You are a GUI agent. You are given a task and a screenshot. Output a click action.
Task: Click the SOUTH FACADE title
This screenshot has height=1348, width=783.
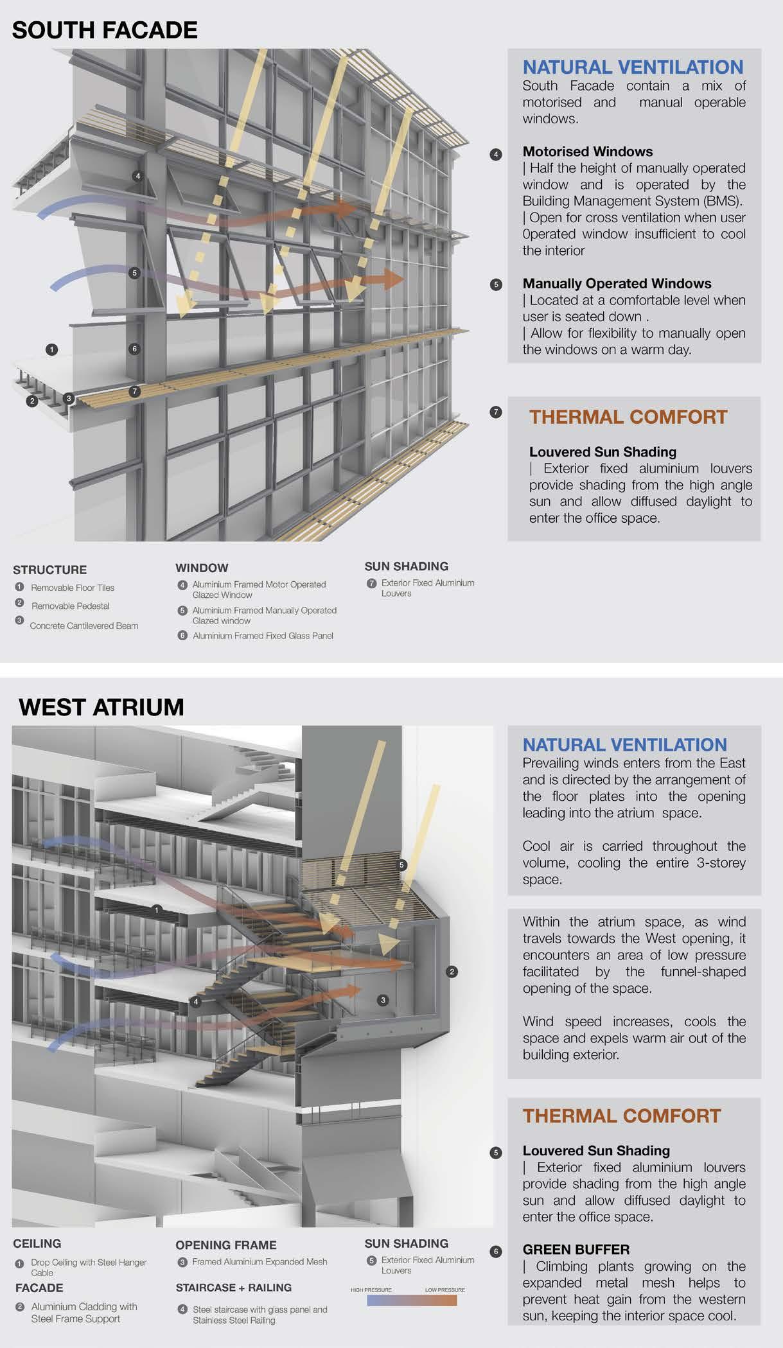click(105, 30)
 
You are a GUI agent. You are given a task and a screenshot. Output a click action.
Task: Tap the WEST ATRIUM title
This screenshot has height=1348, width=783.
click(101, 707)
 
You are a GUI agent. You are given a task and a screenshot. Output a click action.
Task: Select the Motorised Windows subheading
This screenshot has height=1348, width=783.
click(587, 152)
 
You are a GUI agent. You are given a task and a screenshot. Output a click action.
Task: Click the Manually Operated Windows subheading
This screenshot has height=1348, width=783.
click(617, 283)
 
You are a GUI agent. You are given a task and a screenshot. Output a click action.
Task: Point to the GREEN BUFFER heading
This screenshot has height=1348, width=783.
click(576, 1249)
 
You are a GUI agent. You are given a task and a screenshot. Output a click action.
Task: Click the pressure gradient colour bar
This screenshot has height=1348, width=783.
click(412, 1300)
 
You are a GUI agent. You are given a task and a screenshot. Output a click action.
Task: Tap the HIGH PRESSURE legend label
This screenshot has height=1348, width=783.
click(371, 1290)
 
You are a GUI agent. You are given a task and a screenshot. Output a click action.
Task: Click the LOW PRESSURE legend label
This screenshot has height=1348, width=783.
click(444, 1290)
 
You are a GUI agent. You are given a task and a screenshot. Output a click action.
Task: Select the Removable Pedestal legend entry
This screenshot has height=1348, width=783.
click(70, 606)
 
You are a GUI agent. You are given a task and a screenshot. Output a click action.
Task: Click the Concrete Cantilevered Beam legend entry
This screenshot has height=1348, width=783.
click(84, 626)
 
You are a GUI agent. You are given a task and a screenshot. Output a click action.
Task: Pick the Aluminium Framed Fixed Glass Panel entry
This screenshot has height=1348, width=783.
click(263, 636)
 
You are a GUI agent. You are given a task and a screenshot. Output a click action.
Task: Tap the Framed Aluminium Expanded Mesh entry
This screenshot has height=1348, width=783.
click(260, 1261)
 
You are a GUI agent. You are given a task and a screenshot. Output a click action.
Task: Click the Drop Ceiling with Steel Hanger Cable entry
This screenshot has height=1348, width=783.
click(89, 1267)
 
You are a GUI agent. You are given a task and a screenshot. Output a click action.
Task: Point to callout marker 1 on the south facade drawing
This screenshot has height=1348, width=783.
click(52, 349)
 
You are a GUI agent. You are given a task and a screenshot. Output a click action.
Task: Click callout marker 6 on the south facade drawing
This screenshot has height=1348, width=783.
click(134, 349)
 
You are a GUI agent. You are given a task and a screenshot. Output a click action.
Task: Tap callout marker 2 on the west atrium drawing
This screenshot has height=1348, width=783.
click(452, 972)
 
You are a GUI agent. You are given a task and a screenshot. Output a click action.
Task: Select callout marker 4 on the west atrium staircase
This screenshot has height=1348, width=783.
click(197, 1001)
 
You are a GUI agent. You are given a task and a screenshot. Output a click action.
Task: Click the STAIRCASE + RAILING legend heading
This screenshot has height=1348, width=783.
click(233, 1287)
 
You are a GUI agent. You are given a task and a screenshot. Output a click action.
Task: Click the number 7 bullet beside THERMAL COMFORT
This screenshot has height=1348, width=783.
click(495, 412)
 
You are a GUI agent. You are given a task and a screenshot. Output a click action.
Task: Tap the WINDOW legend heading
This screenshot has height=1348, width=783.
click(202, 568)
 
